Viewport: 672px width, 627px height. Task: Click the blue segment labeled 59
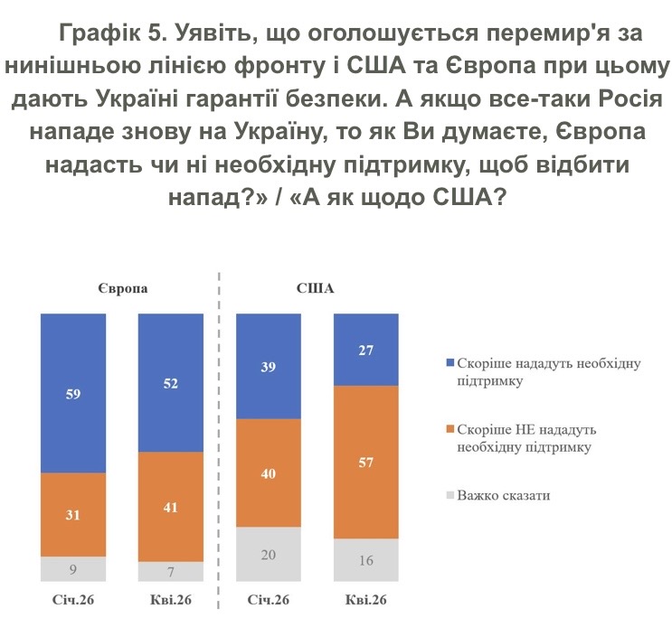pos(73,394)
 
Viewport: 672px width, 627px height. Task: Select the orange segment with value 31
pos(73,515)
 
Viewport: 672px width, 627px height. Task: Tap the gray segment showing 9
pos(73,569)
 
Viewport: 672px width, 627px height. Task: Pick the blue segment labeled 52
pos(171,383)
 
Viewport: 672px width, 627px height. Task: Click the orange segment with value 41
pos(171,507)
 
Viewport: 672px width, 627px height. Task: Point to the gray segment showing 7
pos(171,573)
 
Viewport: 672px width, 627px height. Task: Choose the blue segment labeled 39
pos(269,367)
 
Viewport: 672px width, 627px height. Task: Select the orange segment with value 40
pos(269,473)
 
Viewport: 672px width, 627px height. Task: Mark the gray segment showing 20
pos(269,555)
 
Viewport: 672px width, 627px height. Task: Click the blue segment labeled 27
pos(366,350)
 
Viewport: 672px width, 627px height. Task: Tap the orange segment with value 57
pos(366,463)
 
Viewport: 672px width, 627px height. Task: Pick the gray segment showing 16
pos(366,560)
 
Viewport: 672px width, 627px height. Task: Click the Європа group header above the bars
pos(123,289)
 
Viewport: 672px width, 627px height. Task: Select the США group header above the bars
pos(316,289)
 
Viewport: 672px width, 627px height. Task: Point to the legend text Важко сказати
pos(504,496)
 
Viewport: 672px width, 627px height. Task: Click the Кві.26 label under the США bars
pos(366,601)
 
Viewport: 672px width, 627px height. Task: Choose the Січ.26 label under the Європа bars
pos(73,601)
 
